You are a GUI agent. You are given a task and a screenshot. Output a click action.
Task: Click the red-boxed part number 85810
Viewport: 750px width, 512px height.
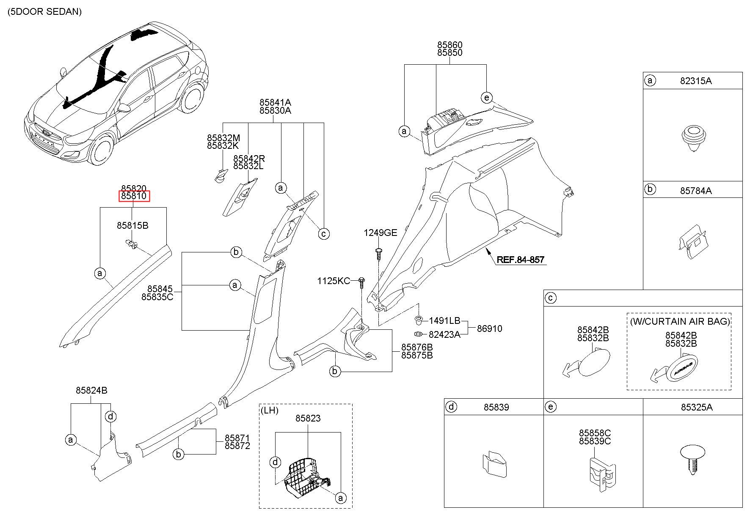point(134,196)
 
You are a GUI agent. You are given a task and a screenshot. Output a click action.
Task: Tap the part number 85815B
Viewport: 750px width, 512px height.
point(132,225)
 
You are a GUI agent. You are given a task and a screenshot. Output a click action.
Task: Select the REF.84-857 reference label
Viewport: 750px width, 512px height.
point(520,260)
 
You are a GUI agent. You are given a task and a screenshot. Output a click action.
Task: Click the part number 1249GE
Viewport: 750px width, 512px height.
point(381,233)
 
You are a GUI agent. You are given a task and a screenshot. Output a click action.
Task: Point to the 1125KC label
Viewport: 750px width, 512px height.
point(334,281)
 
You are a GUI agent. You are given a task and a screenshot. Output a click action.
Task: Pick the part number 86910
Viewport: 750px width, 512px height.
point(489,329)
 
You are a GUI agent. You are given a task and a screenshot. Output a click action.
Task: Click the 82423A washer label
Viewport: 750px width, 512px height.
point(444,334)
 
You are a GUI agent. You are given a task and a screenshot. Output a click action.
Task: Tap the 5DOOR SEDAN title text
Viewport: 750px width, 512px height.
point(45,11)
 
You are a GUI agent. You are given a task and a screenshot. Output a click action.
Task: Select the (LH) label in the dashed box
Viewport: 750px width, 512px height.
point(270,410)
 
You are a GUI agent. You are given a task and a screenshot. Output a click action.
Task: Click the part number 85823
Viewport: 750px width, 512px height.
point(308,418)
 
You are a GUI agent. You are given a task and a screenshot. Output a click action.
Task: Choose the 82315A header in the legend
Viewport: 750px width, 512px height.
point(696,81)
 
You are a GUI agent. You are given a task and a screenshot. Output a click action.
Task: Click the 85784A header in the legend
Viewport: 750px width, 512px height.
point(696,191)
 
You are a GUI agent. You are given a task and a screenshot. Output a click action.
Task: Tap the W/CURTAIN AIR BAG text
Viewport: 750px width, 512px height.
point(680,321)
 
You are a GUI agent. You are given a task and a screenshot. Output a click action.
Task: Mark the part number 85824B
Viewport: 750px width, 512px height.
point(91,390)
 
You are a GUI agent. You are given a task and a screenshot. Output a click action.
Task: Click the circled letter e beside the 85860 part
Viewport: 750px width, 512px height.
point(487,98)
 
